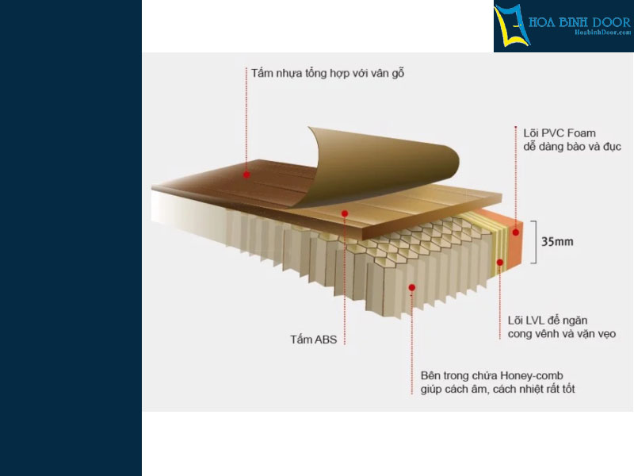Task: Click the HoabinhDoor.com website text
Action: (x=603, y=33)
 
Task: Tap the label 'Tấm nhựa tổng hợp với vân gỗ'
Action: (x=327, y=73)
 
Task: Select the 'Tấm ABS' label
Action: (x=313, y=340)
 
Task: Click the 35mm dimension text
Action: (x=557, y=242)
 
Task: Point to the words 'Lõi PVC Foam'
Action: (x=560, y=133)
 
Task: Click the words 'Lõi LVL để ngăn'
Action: (x=548, y=321)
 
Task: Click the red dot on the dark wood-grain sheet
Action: (x=246, y=175)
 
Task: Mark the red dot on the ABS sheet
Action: (x=345, y=213)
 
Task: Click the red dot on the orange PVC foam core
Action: (x=516, y=232)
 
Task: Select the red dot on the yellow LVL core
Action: (x=500, y=263)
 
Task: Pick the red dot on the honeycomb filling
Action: (x=411, y=287)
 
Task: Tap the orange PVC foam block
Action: (x=509, y=239)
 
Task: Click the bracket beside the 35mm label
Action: (x=536, y=242)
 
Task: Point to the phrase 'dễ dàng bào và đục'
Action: (x=572, y=147)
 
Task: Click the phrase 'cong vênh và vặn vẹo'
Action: (x=562, y=334)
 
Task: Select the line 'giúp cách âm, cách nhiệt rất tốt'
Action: (x=498, y=389)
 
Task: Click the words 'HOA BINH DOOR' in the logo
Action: (x=579, y=22)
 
